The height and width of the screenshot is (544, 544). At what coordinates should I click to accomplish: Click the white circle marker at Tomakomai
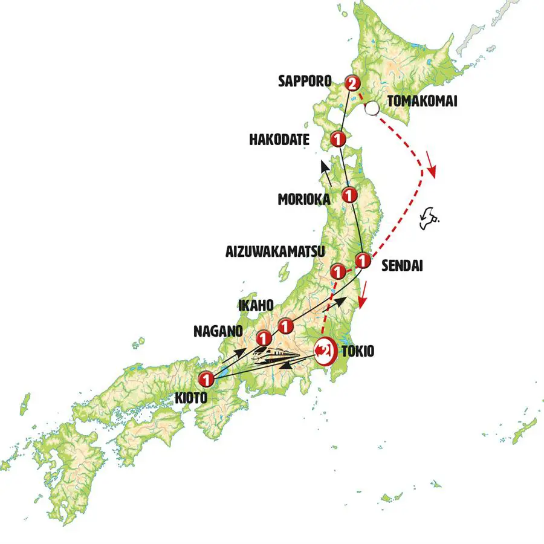[x=373, y=109]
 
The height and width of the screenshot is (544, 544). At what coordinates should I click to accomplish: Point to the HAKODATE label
[x=279, y=140]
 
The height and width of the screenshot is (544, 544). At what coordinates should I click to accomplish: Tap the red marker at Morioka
[x=349, y=195]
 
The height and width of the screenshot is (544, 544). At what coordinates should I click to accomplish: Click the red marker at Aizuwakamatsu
[x=338, y=270]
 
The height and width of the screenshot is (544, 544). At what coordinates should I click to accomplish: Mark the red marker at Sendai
[x=362, y=261]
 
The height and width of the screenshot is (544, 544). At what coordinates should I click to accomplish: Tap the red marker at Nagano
[x=264, y=337]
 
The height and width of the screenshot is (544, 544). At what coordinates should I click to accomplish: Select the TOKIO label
[x=359, y=351]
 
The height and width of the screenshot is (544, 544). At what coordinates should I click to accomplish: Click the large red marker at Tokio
[x=325, y=349]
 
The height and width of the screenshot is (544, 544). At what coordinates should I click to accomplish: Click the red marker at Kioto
[x=206, y=380]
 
